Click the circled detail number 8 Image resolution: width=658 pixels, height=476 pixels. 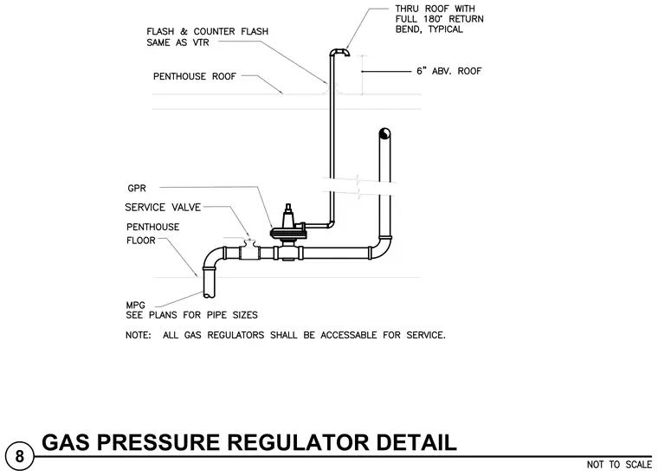tap(19, 456)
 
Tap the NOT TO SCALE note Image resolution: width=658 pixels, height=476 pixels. tap(619, 465)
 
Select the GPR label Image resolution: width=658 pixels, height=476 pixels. tap(137, 189)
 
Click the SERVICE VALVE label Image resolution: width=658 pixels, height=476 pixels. tap(163, 207)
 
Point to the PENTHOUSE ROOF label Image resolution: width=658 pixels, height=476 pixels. tap(195, 76)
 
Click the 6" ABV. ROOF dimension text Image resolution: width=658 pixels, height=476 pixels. tap(449, 71)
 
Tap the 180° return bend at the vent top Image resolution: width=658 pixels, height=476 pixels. tap(339, 52)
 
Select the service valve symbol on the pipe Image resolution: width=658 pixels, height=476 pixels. tap(249, 250)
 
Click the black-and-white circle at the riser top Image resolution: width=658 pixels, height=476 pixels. tap(384, 134)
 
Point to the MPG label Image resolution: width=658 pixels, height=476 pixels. tap(136, 306)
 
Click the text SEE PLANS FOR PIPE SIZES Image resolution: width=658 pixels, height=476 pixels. tap(192, 315)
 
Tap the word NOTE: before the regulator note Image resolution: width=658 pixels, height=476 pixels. tap(138, 336)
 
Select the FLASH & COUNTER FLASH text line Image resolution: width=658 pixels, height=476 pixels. tap(207, 31)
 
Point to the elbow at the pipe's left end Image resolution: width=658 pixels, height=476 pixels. tap(212, 258)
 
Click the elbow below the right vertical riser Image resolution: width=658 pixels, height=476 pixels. tap(383, 248)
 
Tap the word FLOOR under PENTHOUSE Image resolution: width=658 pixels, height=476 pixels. tap(141, 241)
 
